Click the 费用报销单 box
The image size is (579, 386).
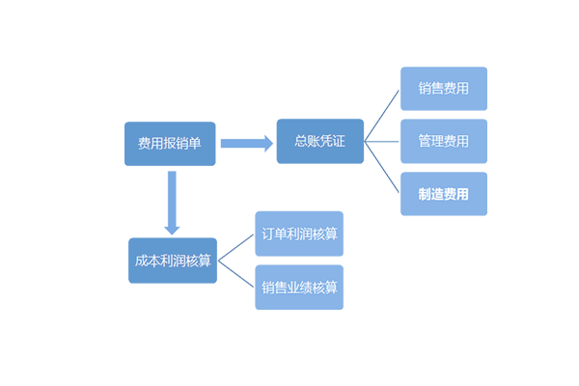170,144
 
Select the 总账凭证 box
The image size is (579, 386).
319,141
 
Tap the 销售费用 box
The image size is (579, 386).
444,89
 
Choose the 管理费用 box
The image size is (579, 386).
444,141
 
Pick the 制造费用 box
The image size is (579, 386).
444,194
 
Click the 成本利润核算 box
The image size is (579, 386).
173,261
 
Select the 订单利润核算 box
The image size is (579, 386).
299,234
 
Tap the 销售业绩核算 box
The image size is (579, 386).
299,288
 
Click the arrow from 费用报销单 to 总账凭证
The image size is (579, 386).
246,144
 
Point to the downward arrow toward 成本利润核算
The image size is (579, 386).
172,203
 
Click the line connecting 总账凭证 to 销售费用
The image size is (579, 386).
381,115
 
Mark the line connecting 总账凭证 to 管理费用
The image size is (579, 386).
381,142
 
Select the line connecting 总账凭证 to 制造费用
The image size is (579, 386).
381,168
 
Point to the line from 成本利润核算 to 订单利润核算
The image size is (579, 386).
235,247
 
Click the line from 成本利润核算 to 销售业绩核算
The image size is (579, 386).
235,274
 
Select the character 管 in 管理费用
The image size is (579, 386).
425,141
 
